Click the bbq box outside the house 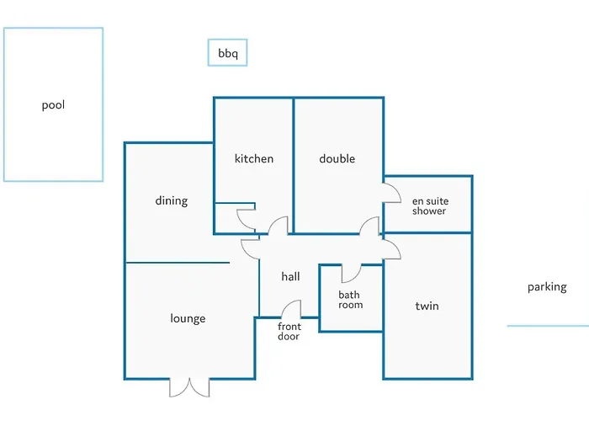pyautogui.click(x=228, y=40)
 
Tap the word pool pyautogui.click(x=53, y=105)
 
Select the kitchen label pyautogui.click(x=254, y=158)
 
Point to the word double pyautogui.click(x=337, y=158)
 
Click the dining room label pyautogui.click(x=172, y=200)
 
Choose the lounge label pyautogui.click(x=188, y=319)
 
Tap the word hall pyautogui.click(x=290, y=277)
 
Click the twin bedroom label pyautogui.click(x=427, y=306)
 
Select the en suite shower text pyautogui.click(x=430, y=206)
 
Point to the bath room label pyautogui.click(x=351, y=300)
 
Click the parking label pyautogui.click(x=547, y=287)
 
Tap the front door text pyautogui.click(x=289, y=331)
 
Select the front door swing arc pyautogui.click(x=288, y=304)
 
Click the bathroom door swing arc pyautogui.click(x=355, y=278)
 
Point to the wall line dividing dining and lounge pyautogui.click(x=178, y=263)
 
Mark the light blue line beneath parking pyautogui.click(x=548, y=326)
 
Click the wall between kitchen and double pyautogui.click(x=294, y=165)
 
